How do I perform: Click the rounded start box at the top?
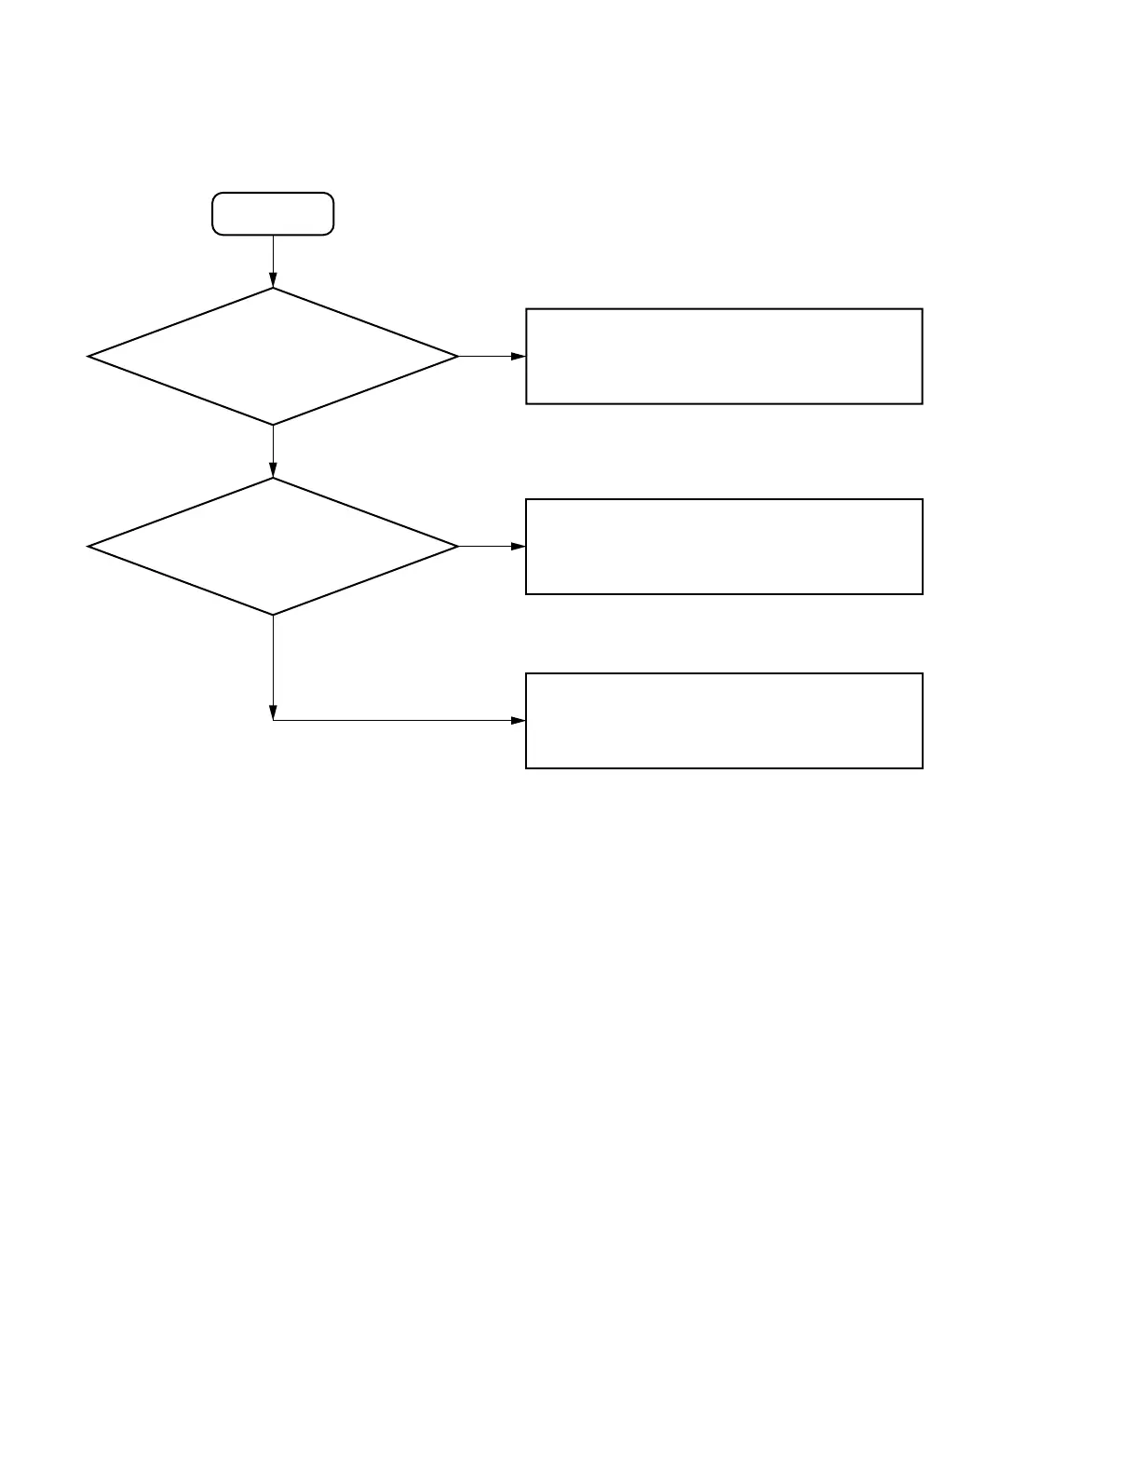point(273,213)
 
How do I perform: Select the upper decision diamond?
point(273,357)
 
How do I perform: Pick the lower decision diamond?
point(273,547)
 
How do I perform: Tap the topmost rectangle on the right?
point(723,357)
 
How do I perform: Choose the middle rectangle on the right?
point(723,547)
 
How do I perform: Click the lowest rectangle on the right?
point(723,721)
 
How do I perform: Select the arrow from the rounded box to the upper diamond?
point(273,261)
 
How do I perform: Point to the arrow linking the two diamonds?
point(273,452)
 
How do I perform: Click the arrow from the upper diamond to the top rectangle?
point(492,357)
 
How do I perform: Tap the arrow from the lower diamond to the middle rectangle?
point(492,547)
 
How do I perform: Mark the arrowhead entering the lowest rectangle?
point(519,721)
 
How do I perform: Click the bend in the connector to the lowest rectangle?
point(273,720)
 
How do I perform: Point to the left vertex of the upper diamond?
point(88,357)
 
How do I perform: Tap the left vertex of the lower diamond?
point(88,547)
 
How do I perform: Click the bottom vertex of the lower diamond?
point(273,615)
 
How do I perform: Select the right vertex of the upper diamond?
point(458,357)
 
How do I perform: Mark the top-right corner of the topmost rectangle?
point(922,309)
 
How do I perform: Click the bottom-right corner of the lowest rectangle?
point(922,767)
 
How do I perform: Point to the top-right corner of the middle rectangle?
point(922,500)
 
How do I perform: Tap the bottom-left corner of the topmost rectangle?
point(527,403)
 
